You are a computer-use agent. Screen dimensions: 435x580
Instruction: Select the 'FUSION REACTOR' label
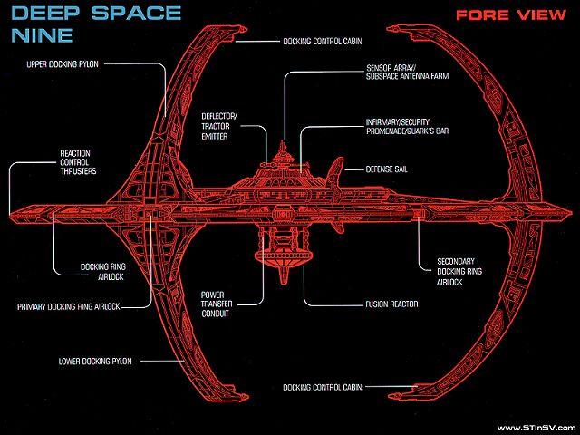(391, 304)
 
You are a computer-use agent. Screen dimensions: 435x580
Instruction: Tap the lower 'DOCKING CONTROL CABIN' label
(322, 387)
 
